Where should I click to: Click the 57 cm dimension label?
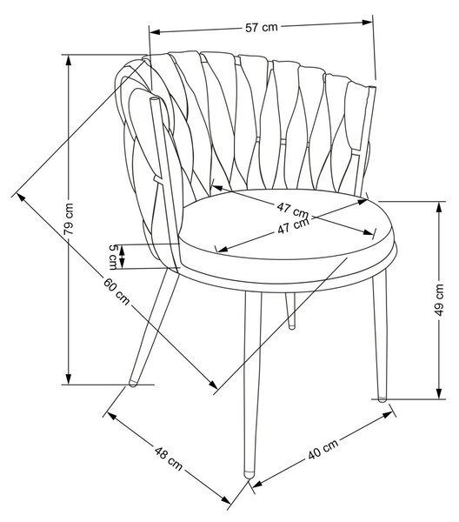pyautogui.click(x=262, y=27)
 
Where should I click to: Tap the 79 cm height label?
pyautogui.click(x=69, y=218)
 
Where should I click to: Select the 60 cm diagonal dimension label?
pyautogui.click(x=116, y=291)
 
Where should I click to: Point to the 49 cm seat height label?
pyautogui.click(x=439, y=299)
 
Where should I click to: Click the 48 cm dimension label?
pyautogui.click(x=169, y=458)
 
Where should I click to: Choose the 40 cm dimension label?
pyautogui.click(x=323, y=449)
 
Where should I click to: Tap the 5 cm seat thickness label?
pyautogui.click(x=113, y=257)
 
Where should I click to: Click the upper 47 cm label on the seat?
pyautogui.click(x=293, y=210)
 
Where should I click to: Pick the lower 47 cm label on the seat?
pyautogui.click(x=293, y=225)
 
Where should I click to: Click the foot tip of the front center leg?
pyautogui.click(x=249, y=475)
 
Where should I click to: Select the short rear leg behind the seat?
pyautogui.click(x=290, y=311)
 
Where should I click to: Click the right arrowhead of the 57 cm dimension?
pyautogui.click(x=367, y=23)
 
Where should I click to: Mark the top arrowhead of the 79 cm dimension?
pyautogui.click(x=68, y=60)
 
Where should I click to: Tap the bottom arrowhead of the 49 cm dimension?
pyautogui.click(x=439, y=393)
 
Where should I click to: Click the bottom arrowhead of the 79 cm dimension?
pyautogui.click(x=68, y=378)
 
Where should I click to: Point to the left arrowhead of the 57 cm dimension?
pyautogui.click(x=156, y=32)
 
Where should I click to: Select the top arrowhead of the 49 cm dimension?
pyautogui.click(x=439, y=207)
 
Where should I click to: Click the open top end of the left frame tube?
pyautogui.click(x=155, y=99)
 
